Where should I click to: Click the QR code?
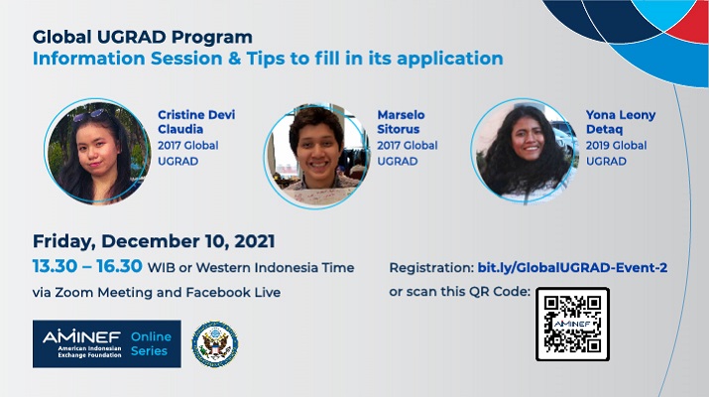pyautogui.click(x=572, y=325)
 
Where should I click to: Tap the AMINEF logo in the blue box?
pyautogui.click(x=82, y=344)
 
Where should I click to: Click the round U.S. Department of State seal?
pyautogui.click(x=215, y=344)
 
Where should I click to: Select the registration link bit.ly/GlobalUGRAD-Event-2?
pyautogui.click(x=572, y=268)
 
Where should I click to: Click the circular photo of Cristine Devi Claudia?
pyautogui.click(x=97, y=151)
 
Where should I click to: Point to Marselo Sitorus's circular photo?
pyautogui.click(x=316, y=156)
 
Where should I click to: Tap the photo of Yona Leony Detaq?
pyautogui.click(x=525, y=151)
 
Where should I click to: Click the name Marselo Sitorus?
pyautogui.click(x=401, y=122)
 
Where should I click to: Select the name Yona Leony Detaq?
pyautogui.click(x=621, y=122)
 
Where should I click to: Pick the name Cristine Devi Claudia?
pyautogui.click(x=196, y=122)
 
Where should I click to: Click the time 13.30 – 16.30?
pyautogui.click(x=87, y=266)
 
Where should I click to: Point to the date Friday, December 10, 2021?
pyautogui.click(x=154, y=241)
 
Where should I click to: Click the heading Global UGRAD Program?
pyautogui.click(x=143, y=37)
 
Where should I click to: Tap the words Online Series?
pyautogui.click(x=151, y=343)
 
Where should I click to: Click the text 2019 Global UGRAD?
pyautogui.click(x=616, y=153)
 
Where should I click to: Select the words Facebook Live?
pyautogui.click(x=233, y=293)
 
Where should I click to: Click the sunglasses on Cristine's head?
pyautogui.click(x=90, y=115)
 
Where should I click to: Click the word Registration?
pyautogui.click(x=431, y=268)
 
